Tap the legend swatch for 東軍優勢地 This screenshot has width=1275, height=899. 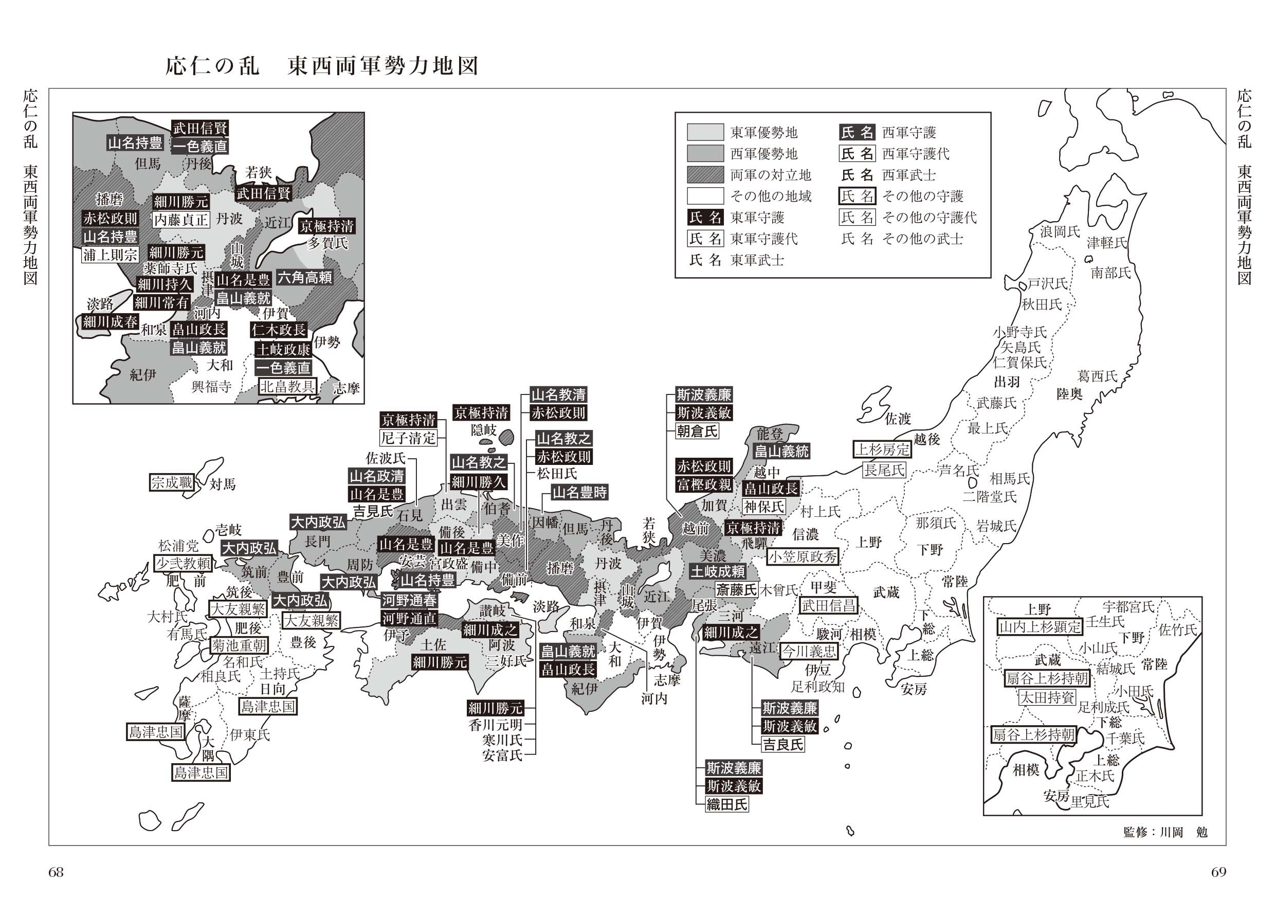point(705,132)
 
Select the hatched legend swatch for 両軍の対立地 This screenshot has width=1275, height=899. point(705,175)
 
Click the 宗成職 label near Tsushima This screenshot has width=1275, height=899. point(172,482)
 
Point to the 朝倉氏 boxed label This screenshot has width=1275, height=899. point(697,430)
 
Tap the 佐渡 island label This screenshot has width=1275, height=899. point(898,419)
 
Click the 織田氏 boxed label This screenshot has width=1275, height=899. point(726,804)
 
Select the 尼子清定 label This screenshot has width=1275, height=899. point(409,438)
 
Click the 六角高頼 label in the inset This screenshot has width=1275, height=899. point(305,277)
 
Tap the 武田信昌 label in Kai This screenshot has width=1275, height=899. point(828,605)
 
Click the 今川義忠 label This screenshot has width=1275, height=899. point(809,651)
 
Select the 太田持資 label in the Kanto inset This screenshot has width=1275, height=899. point(1047,697)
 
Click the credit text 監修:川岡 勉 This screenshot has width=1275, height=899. point(1165,832)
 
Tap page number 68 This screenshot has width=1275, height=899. point(56,872)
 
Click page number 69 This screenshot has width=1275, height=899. point(1218,872)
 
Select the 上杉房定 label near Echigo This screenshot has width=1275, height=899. point(882,449)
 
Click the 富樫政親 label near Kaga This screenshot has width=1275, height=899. point(704,484)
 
